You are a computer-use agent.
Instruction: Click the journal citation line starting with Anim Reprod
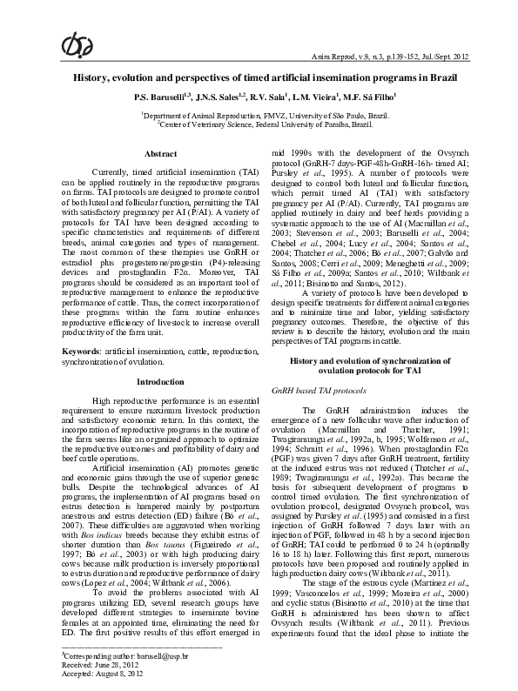[400, 57]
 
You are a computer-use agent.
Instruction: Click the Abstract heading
[160, 153]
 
